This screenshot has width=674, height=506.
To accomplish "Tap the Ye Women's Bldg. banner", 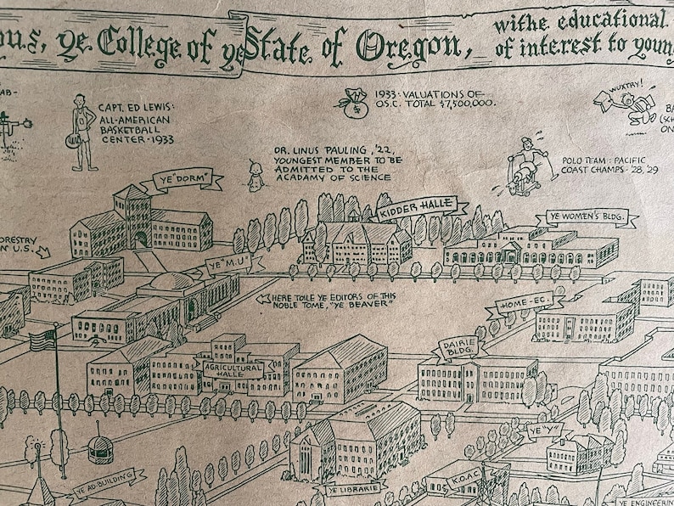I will (586, 217).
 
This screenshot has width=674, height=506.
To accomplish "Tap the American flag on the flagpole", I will (42, 340).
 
